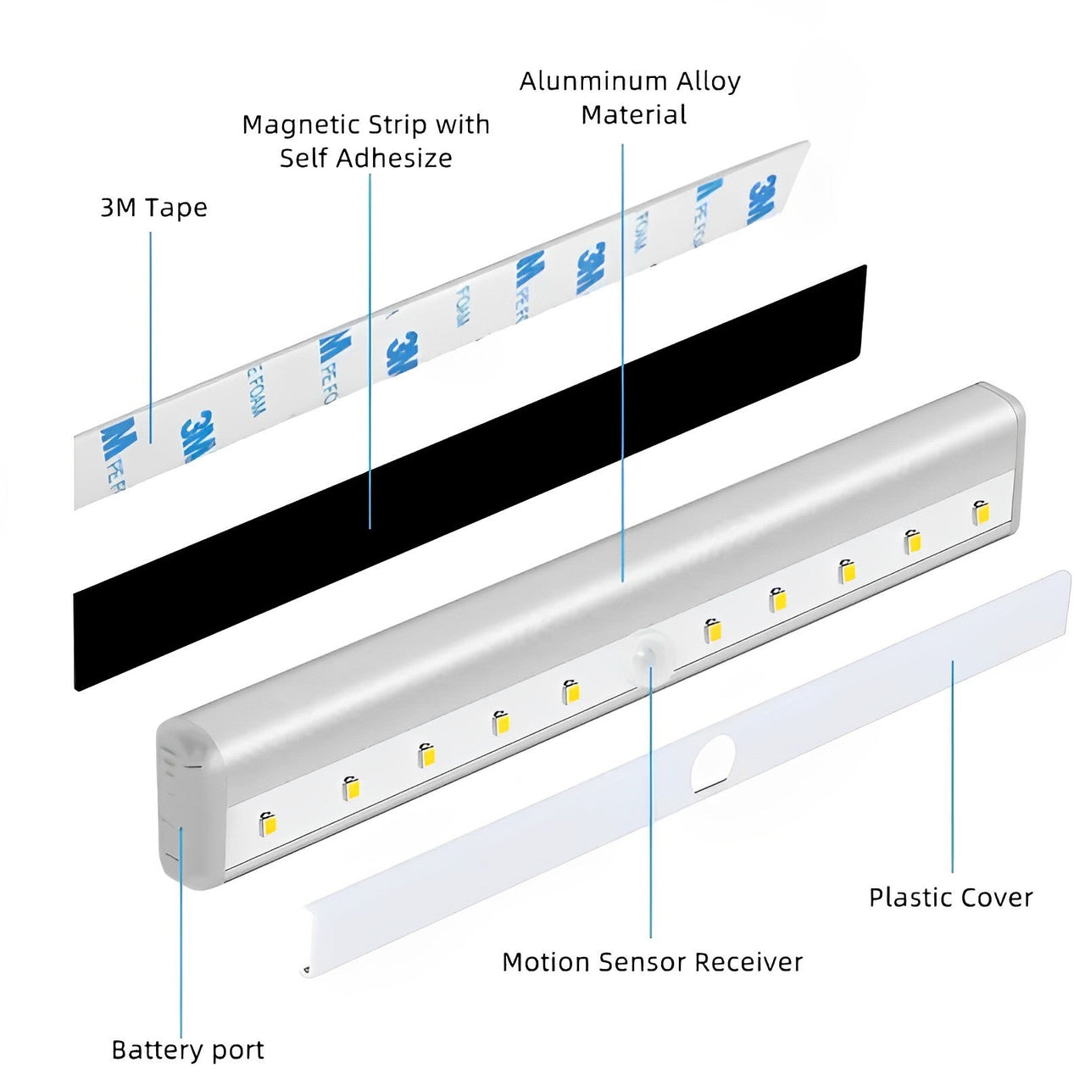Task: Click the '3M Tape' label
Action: [153, 208]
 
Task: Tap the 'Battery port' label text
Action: [187, 1050]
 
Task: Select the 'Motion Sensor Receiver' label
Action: [652, 962]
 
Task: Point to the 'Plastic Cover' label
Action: [950, 898]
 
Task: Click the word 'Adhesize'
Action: [405, 159]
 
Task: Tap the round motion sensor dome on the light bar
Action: [650, 658]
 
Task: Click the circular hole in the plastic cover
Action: [713, 762]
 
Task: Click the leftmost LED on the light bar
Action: [269, 822]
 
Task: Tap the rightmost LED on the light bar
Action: [981, 512]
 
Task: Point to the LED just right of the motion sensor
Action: [713, 630]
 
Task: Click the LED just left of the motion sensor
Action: [570, 692]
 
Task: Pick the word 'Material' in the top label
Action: [633, 115]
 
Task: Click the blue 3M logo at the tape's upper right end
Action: [761, 200]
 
